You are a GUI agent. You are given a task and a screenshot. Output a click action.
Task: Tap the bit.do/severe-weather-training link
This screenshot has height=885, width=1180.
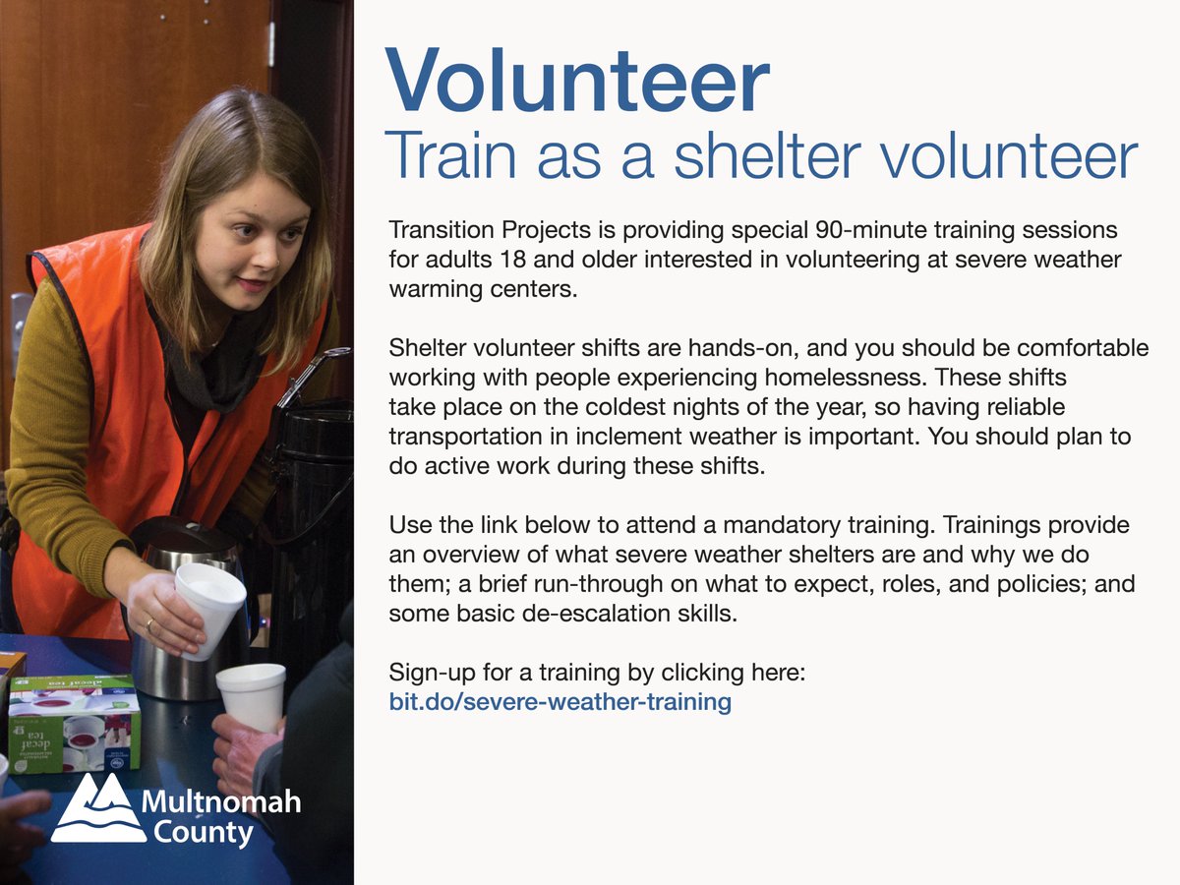coord(560,702)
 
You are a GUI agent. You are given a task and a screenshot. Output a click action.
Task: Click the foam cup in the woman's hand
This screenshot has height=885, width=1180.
coord(209,608)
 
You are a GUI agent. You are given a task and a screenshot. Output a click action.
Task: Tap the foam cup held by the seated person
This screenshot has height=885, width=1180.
coord(252,697)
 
